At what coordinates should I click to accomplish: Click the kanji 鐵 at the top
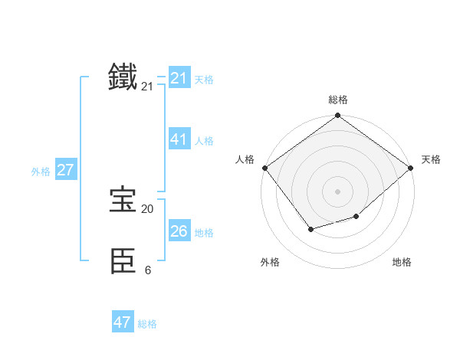(x=123, y=77)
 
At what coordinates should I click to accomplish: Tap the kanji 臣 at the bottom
(x=123, y=260)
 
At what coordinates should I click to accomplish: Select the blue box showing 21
(x=179, y=78)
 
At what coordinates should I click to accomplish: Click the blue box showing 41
(x=179, y=139)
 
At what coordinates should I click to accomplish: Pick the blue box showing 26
(x=179, y=231)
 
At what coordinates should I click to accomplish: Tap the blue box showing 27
(x=65, y=170)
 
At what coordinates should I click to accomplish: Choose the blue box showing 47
(x=123, y=322)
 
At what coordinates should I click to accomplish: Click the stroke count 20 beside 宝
(x=147, y=208)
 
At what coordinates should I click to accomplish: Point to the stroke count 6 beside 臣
(x=147, y=270)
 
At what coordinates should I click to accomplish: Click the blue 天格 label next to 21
(x=204, y=80)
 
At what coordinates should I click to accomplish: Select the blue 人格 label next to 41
(x=204, y=141)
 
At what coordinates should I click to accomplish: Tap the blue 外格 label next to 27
(x=41, y=172)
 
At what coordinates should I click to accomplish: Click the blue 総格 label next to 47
(x=147, y=324)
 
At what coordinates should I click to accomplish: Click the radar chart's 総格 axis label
(x=337, y=100)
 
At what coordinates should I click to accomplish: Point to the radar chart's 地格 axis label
(x=402, y=262)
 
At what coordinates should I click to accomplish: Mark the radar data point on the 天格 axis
(x=411, y=168)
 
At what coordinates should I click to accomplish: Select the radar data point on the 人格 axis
(x=264, y=168)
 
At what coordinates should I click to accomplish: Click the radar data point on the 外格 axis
(x=310, y=229)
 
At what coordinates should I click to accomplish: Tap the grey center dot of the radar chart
(x=337, y=191)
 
